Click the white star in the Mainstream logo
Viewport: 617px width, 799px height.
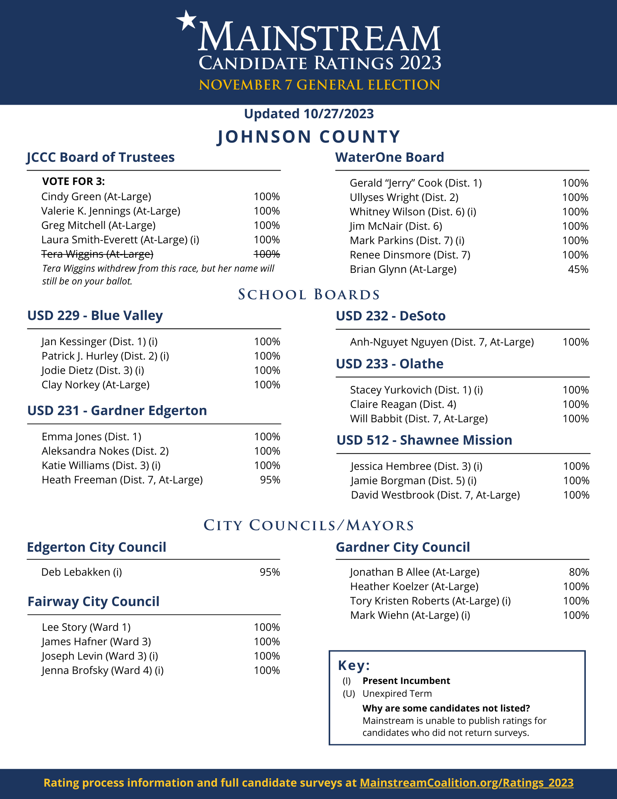[186, 20]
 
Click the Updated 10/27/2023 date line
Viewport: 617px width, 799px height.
[309, 114]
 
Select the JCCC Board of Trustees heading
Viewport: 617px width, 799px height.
[101, 157]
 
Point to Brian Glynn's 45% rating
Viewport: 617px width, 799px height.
[578, 269]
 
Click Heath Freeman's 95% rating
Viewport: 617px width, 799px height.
[270, 480]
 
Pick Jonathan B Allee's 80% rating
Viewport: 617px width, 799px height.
[579, 572]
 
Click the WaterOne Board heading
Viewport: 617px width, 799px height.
[389, 157]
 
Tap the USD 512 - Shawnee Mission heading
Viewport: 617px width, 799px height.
[424, 440]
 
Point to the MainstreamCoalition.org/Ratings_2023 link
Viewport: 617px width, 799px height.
[466, 783]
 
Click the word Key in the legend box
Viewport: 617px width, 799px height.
[353, 666]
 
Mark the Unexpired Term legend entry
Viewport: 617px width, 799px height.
[397, 694]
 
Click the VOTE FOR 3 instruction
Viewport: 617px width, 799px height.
[73, 182]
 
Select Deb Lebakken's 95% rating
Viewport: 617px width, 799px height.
[270, 572]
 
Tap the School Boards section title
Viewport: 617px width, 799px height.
[309, 295]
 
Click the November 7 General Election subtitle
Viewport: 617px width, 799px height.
[319, 85]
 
